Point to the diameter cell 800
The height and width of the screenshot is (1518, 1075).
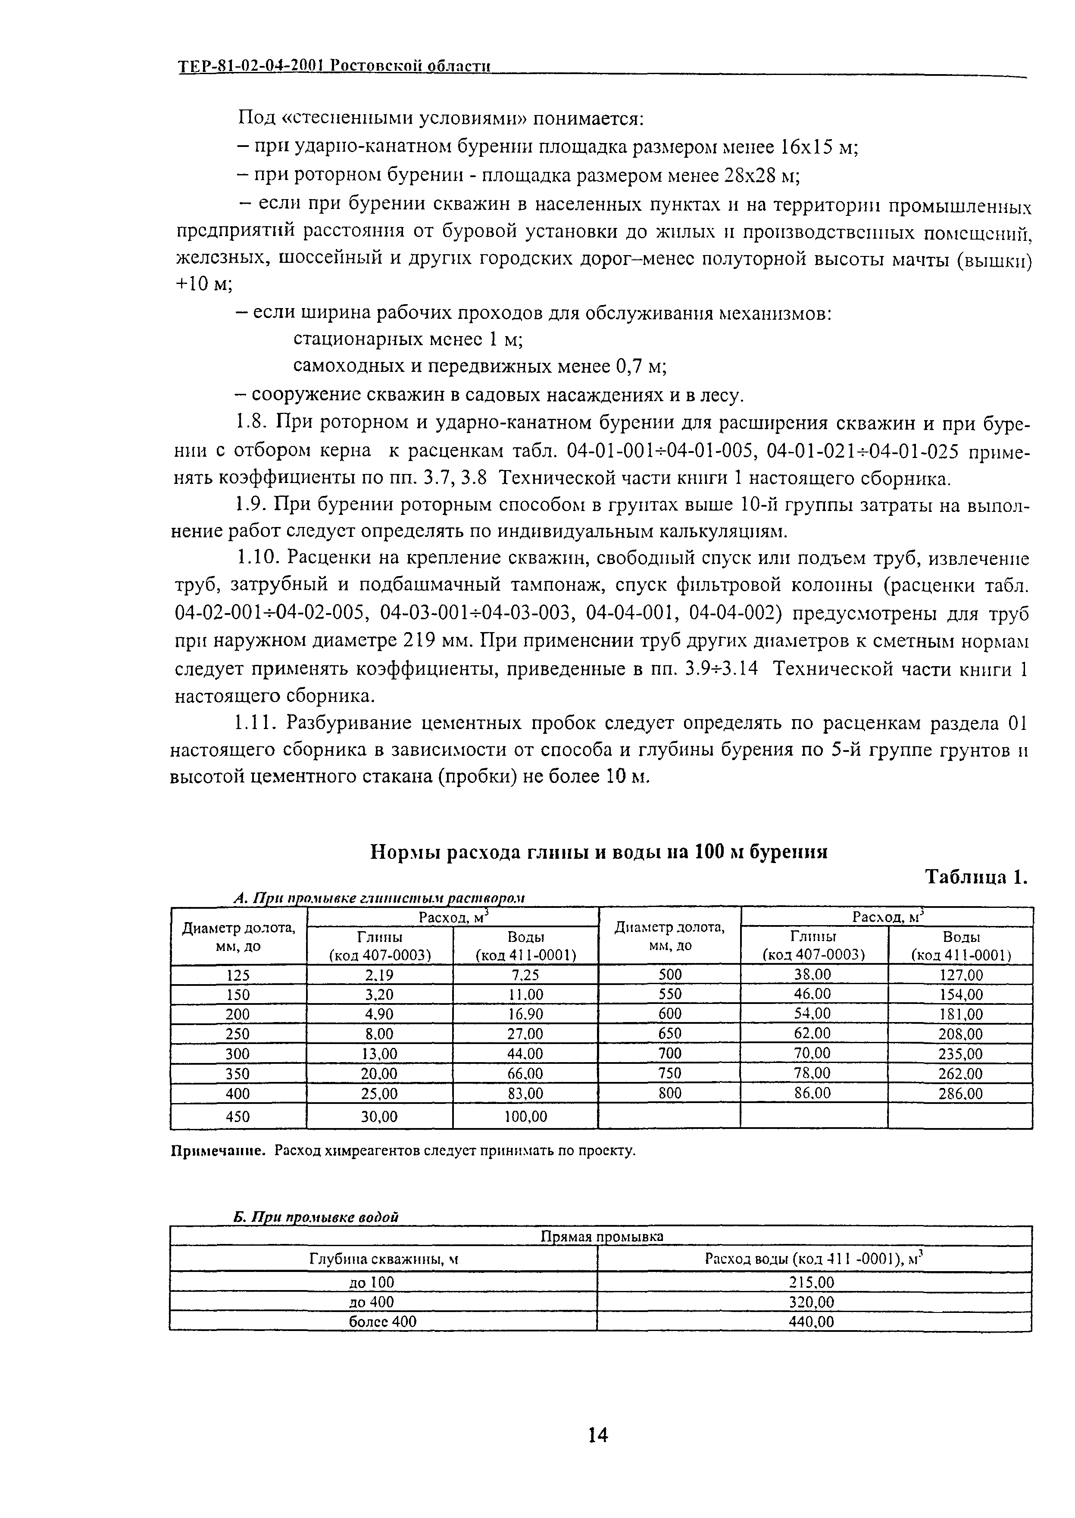point(669,1093)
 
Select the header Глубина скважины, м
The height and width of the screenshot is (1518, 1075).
point(384,1259)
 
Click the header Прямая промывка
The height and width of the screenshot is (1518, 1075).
point(601,1237)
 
